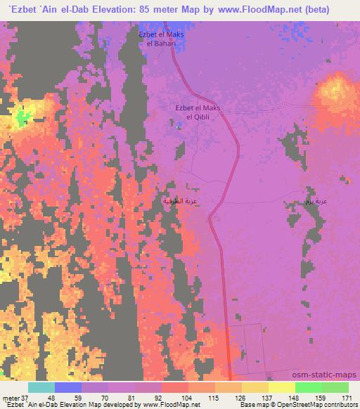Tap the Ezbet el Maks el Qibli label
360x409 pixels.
point(198,112)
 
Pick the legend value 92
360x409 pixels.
point(148,398)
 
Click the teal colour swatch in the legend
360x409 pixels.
point(41,387)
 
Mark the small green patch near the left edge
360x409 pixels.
point(23,116)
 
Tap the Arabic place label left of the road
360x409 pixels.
point(178,200)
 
